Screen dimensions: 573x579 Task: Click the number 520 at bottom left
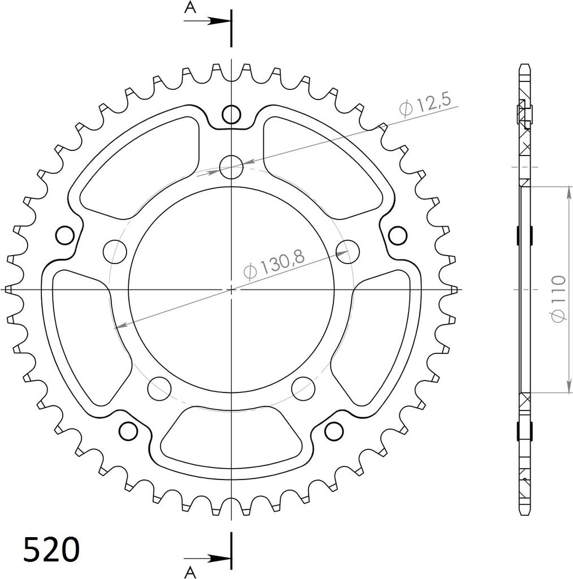coord(51,549)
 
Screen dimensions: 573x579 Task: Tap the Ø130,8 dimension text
coord(274,263)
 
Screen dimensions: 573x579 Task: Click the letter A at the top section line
coord(190,7)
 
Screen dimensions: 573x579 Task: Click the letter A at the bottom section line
coord(190,572)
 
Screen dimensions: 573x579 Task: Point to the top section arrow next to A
coord(208,21)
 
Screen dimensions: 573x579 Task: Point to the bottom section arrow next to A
coord(208,559)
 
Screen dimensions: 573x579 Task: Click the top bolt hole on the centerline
coord(231,167)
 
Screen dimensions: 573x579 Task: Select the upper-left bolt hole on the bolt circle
coord(115,252)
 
